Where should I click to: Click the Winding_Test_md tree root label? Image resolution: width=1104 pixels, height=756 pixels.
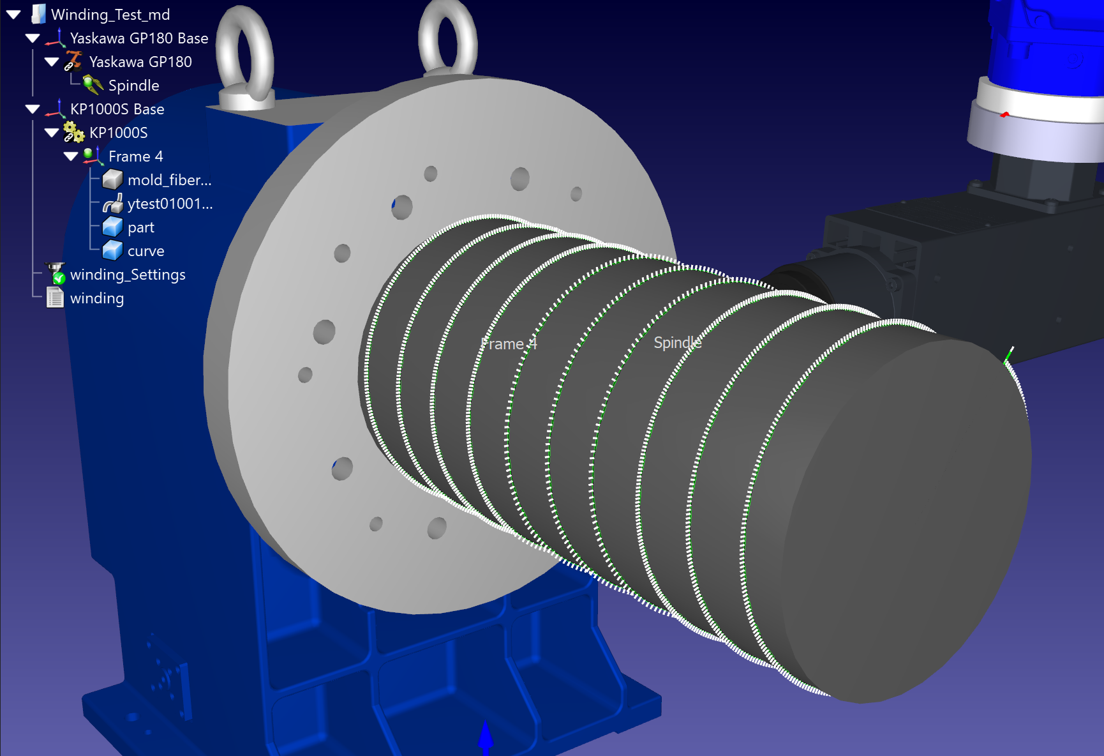point(110,15)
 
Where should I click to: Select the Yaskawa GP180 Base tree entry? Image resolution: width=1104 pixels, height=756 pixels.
point(139,38)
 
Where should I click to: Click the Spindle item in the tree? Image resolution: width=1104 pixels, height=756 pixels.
point(133,86)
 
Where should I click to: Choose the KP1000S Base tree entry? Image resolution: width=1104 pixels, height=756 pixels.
point(117,109)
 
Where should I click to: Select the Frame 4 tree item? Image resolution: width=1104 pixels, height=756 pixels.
point(135,156)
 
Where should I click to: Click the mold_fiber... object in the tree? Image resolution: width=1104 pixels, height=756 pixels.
point(169,180)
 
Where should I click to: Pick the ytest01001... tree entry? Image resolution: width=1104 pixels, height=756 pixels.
point(170,204)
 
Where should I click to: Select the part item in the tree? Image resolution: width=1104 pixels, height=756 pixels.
point(141,227)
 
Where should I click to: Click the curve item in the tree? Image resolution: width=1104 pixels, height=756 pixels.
point(145,251)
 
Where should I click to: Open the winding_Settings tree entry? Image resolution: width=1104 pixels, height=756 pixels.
point(128,275)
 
